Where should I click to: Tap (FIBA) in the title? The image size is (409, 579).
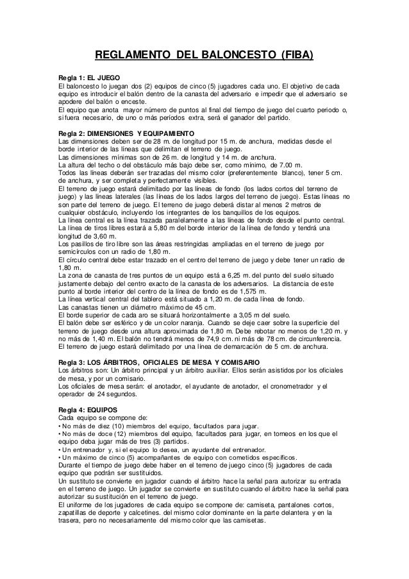pos(293,56)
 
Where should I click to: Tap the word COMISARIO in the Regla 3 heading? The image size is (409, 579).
pos(235,361)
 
